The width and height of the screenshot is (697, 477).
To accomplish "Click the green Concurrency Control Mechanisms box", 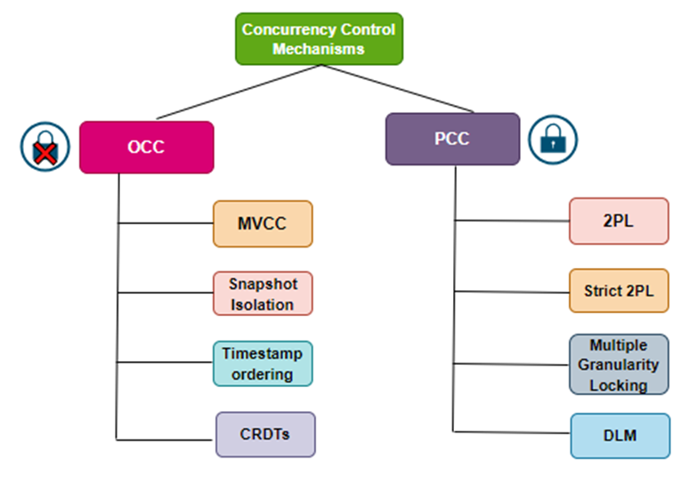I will [319, 39].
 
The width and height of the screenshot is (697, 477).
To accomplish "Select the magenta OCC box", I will [146, 147].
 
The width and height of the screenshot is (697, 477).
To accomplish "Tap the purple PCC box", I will [452, 139].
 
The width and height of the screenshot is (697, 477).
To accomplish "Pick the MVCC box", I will [263, 223].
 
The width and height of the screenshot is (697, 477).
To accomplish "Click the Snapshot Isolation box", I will [263, 294].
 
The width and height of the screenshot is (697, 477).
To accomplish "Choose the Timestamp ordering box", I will [263, 363].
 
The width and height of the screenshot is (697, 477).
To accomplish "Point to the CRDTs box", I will [264, 434].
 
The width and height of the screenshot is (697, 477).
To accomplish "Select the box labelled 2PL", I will [619, 221].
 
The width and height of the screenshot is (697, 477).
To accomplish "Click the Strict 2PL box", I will [619, 290].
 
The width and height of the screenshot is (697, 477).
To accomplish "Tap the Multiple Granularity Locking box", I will [619, 364].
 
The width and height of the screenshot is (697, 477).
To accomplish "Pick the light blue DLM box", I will [620, 435].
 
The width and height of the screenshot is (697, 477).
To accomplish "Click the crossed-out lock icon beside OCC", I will [45, 147].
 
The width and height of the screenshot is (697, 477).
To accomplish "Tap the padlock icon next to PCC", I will [553, 139].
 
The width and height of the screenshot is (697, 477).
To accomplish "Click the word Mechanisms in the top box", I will [319, 49].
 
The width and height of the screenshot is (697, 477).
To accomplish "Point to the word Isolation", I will [262, 304].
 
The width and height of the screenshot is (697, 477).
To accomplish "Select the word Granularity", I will [619, 365].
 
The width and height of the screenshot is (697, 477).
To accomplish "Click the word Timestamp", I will [263, 353].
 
